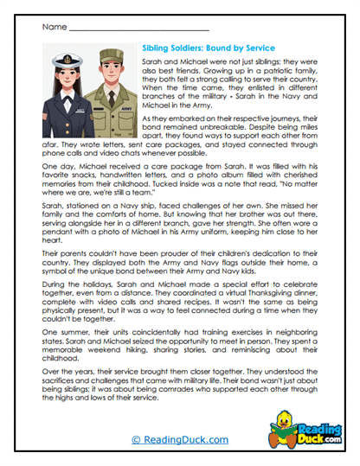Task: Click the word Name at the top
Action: pos(53,27)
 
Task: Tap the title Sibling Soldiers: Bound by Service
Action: pos(207,48)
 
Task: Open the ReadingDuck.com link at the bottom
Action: pos(179,440)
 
